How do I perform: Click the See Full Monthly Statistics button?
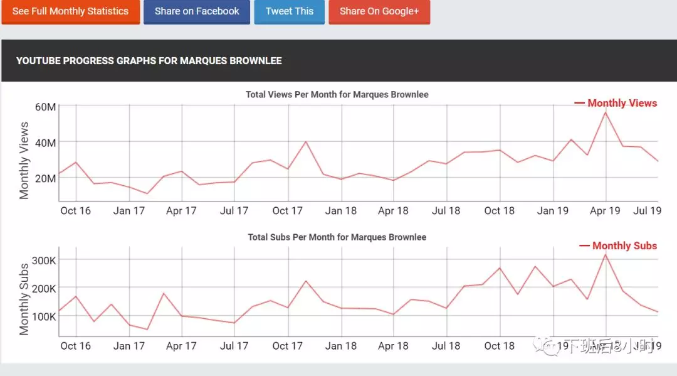[70, 11]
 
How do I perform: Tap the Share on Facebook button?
[197, 11]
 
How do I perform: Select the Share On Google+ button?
[379, 11]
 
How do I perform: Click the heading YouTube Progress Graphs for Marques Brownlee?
[149, 61]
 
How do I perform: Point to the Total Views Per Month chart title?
[337, 95]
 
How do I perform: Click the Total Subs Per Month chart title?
[337, 238]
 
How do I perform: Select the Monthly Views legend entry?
[616, 104]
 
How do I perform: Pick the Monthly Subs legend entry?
[619, 246]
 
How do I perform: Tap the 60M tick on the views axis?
[45, 107]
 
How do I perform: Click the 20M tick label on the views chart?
[45, 178]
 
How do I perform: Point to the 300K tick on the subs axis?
[44, 261]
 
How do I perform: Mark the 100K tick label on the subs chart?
[44, 316]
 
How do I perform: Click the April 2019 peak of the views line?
[606, 112]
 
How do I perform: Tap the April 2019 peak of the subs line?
[606, 254]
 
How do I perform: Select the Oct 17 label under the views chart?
[288, 211]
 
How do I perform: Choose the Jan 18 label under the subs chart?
[341, 346]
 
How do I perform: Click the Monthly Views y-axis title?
[24, 160]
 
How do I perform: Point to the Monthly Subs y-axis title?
[24, 299]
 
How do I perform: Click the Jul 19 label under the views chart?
[648, 211]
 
